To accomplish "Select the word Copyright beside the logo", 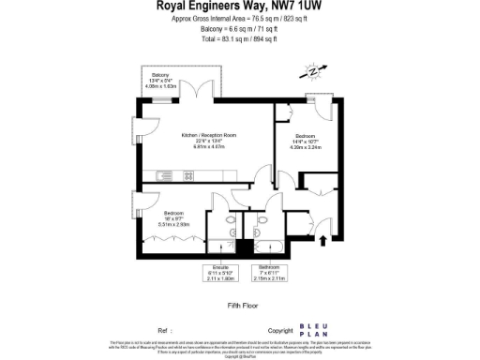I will pos(280,331).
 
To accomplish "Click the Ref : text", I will pos(165,331).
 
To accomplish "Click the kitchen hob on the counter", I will pos(208,173).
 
